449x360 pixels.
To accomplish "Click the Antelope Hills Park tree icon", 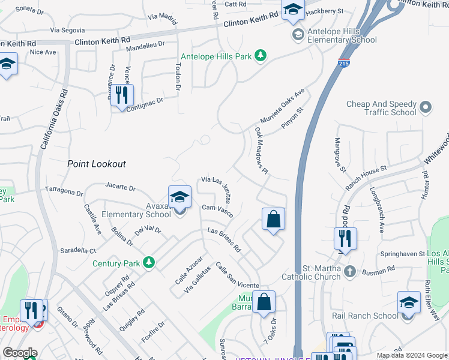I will point(260,56).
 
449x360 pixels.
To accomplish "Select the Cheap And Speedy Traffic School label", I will point(382,108).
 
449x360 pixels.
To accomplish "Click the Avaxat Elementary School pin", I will point(179,198).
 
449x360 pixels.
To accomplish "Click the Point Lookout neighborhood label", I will point(97,164).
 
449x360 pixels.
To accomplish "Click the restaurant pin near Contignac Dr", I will point(122,95).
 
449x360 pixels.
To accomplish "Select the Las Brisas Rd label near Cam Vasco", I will point(224,239).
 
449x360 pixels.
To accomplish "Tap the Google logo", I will point(20,353).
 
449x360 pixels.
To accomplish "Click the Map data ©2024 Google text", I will point(412,355).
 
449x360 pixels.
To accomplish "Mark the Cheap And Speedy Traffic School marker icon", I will point(426,108).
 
